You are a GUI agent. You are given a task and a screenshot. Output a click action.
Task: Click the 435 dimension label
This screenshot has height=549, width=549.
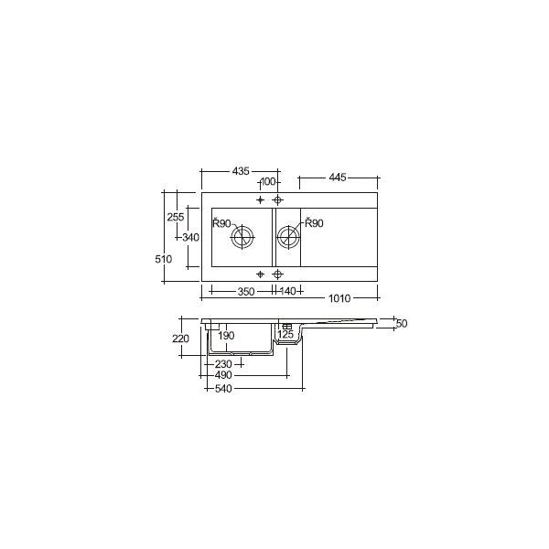241,171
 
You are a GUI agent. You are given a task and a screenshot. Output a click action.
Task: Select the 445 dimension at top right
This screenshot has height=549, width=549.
338,178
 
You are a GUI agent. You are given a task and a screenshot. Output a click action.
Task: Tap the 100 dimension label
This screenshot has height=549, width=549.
268,182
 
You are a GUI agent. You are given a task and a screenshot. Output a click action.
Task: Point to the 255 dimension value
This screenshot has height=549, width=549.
176,217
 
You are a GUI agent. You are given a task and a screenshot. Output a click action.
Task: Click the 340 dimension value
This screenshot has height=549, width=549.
191,237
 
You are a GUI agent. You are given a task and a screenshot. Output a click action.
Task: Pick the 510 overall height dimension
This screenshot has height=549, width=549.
164,259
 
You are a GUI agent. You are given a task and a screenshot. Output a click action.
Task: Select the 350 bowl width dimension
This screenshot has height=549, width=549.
246,291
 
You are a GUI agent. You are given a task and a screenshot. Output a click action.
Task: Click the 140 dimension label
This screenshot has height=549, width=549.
288,291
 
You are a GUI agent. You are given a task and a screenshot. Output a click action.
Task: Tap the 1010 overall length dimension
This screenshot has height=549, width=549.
339,298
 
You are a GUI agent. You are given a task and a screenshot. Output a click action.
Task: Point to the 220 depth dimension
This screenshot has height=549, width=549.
180,339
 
